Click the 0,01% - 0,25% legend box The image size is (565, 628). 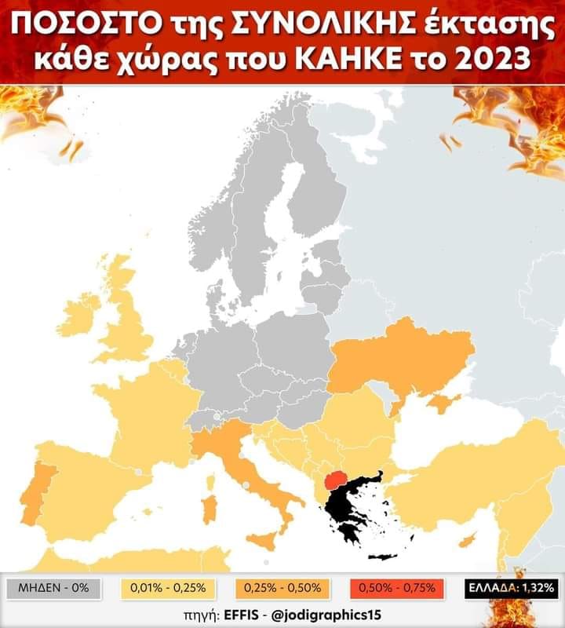pos(169,587)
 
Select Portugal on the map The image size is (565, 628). pos(36,495)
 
